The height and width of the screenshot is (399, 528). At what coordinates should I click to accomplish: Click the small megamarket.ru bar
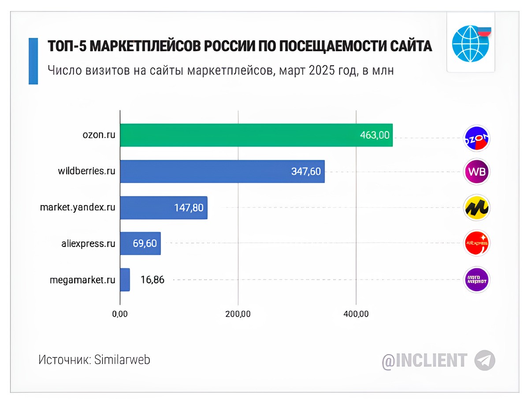pos(125,279)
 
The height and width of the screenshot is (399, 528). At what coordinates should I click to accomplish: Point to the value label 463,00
pos(375,135)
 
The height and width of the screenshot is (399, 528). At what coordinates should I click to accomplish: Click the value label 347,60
pos(306,171)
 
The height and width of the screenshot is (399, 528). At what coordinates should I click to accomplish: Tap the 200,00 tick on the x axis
pos(238,314)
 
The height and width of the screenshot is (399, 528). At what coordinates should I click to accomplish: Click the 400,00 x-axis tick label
pos(356,314)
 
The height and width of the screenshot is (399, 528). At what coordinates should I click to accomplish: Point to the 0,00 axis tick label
pos(120,314)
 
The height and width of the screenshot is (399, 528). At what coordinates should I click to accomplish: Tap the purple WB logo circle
pos(477,171)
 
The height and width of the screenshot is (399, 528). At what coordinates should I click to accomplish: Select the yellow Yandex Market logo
pos(477,207)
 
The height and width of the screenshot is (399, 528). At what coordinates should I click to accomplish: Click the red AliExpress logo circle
pos(477,243)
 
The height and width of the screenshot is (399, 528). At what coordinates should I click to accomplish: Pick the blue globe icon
pos(470,43)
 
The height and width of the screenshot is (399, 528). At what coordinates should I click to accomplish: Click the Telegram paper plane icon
pos(485,360)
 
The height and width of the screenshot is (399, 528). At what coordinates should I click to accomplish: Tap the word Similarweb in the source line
pos(122,360)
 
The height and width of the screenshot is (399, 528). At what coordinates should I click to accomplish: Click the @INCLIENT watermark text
pos(424,360)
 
